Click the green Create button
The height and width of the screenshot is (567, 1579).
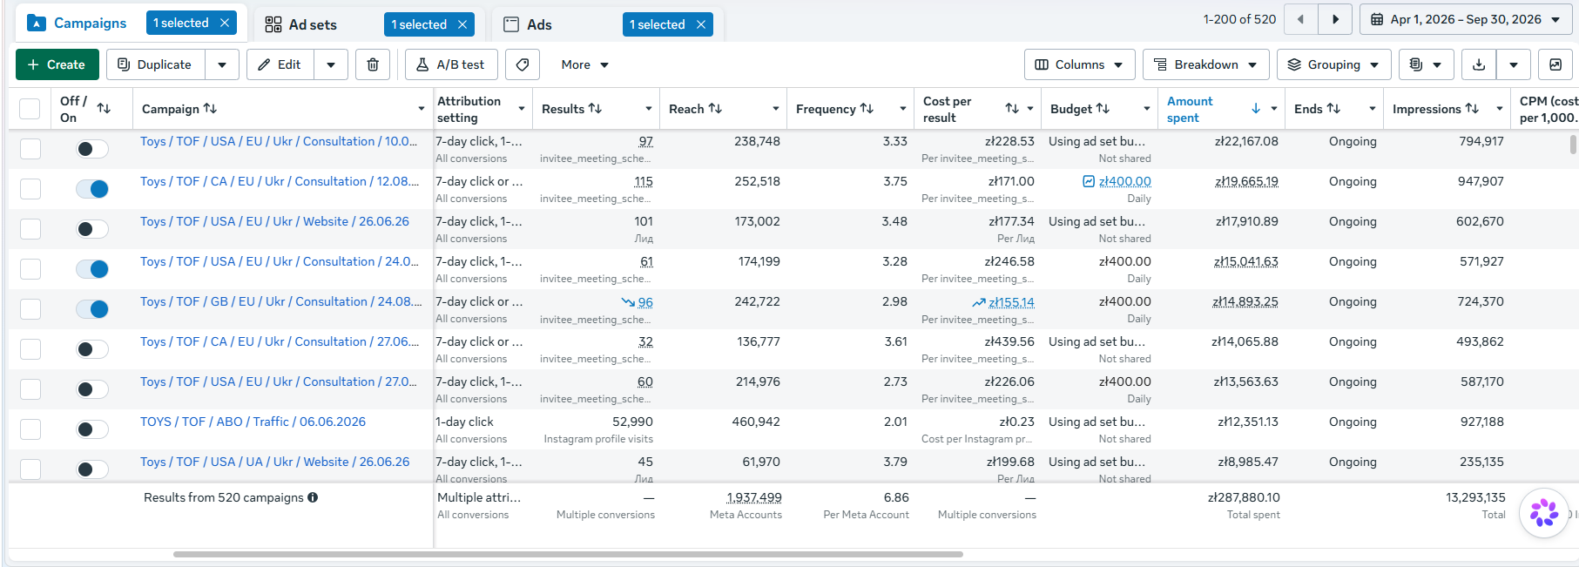(57, 64)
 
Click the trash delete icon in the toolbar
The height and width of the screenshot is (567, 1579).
(373, 64)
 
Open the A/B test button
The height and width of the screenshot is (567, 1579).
(451, 64)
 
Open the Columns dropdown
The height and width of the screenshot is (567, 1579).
(1080, 64)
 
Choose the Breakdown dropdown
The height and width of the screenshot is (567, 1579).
(1206, 64)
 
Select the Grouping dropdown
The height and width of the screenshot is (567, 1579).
(1333, 64)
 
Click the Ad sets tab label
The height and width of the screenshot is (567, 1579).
(313, 24)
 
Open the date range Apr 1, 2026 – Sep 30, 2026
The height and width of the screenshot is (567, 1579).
(1466, 19)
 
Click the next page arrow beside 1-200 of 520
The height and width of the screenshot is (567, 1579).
(1335, 19)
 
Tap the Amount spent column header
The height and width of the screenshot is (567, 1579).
(1190, 109)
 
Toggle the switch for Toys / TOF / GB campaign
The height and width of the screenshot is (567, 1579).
(92, 308)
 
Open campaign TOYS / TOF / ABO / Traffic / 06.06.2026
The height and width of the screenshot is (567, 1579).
(253, 422)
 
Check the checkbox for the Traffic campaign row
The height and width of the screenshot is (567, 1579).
(30, 429)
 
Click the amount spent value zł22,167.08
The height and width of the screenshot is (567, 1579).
(1246, 141)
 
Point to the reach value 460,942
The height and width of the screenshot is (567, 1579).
(756, 422)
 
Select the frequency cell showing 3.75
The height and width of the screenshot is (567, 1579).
(894, 181)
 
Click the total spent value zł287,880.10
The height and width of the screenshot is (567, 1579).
(1244, 497)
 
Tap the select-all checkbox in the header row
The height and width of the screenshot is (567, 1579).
(30, 109)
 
